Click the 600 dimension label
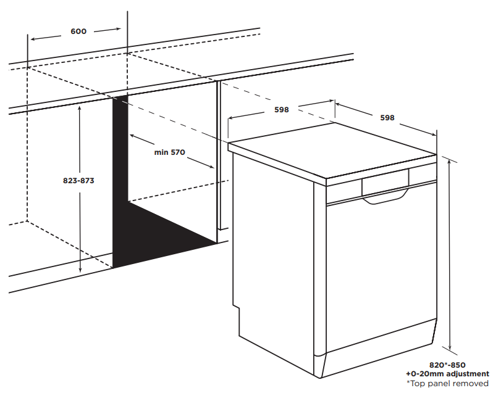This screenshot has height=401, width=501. [x=78, y=31]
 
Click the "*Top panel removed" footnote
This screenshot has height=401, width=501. [x=447, y=383]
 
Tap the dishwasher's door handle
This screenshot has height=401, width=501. [x=384, y=197]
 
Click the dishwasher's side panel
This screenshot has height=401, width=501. [x=272, y=259]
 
